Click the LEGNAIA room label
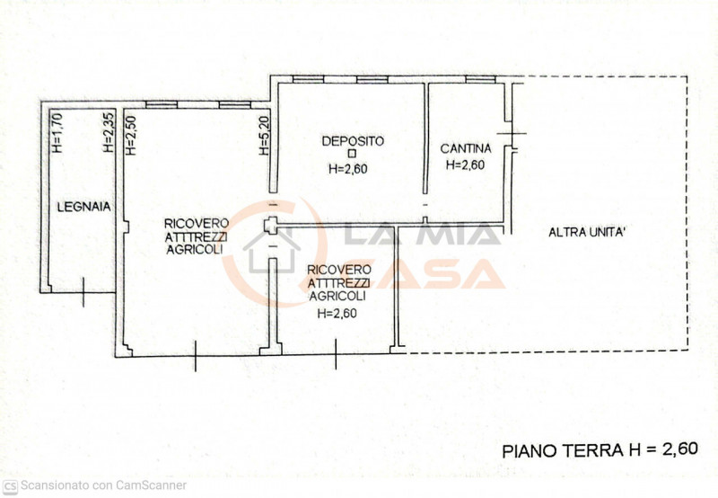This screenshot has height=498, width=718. tap(83, 206)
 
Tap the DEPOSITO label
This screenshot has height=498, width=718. tap(353, 140)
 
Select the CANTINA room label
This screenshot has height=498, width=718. tap(465, 148)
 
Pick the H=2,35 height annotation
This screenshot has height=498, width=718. tap(108, 134)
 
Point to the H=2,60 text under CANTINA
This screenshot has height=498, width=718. tap(465, 165)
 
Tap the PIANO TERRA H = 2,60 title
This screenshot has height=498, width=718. tap(599, 449)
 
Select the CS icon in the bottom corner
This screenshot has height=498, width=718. tap(11, 485)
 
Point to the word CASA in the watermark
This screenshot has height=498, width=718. tap(440, 273)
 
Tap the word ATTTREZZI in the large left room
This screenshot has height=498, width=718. tap(196, 236)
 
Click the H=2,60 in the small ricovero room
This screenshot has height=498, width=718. tap(337, 314)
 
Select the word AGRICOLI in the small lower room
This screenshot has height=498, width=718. tap(337, 296)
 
